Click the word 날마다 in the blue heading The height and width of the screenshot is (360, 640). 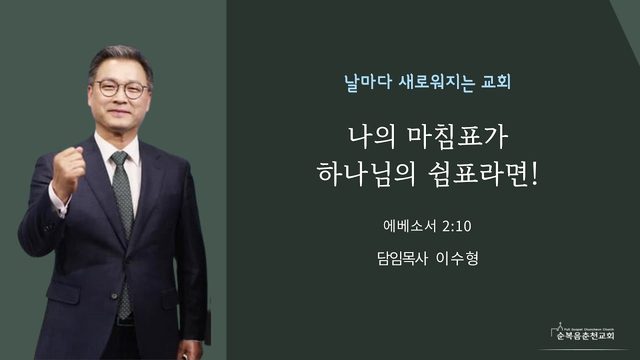369,82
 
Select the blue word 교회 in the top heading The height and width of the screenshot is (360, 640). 496,82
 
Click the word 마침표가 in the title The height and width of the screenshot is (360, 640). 458,137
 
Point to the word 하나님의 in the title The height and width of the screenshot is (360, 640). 366,173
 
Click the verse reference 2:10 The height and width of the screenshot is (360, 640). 456,226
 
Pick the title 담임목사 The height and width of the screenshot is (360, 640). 402,258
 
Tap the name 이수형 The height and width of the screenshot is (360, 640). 457,258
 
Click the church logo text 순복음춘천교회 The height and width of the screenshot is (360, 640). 585,336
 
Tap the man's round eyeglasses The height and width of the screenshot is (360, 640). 122,88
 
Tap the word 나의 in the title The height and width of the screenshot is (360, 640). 372,137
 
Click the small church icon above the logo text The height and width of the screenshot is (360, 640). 560,327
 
